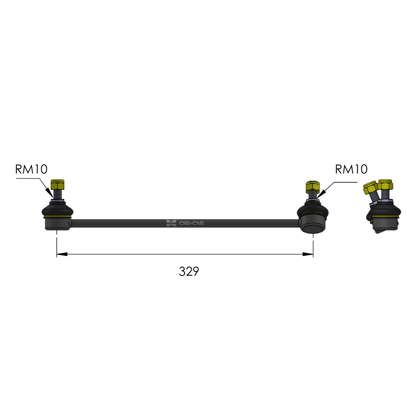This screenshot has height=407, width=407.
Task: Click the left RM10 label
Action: coord(32,169)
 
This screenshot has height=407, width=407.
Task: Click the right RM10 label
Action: coord(351,169)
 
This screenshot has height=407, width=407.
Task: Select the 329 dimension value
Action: coord(189,272)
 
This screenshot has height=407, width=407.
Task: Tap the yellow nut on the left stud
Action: coord(57,184)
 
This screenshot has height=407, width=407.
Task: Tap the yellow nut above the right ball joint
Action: coord(312,186)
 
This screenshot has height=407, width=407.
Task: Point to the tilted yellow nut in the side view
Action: coord(370,187)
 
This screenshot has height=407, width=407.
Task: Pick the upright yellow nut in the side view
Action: coord(386,184)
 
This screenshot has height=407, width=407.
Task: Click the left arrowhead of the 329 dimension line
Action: coord(62,254)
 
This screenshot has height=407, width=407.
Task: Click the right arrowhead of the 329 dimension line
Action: coord(308,254)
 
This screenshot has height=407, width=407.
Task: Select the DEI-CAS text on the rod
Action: coord(192,223)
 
